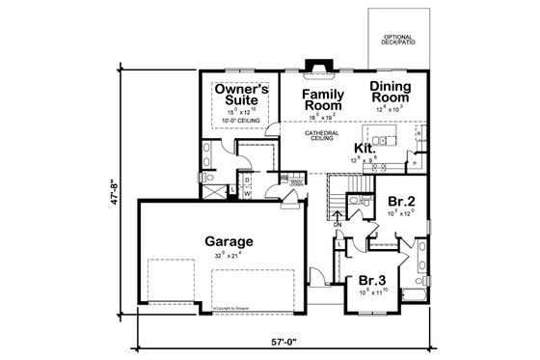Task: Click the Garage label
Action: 229,241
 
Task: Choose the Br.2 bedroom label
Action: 401,201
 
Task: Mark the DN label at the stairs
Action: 337,223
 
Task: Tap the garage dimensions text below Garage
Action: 229,255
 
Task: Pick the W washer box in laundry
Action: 248,191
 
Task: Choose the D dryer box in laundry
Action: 248,180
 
